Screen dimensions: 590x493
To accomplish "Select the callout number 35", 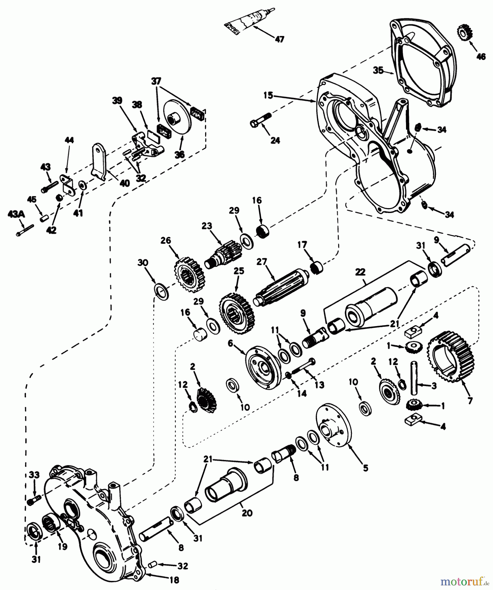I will [x=378, y=70].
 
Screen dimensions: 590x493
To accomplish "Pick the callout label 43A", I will [x=16, y=214].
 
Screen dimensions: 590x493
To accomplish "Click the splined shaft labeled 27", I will [x=281, y=286].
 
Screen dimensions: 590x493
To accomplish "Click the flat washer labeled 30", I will [x=161, y=292].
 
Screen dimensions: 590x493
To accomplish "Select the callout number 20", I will [x=247, y=512].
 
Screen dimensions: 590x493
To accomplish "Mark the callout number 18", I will [x=174, y=580].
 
